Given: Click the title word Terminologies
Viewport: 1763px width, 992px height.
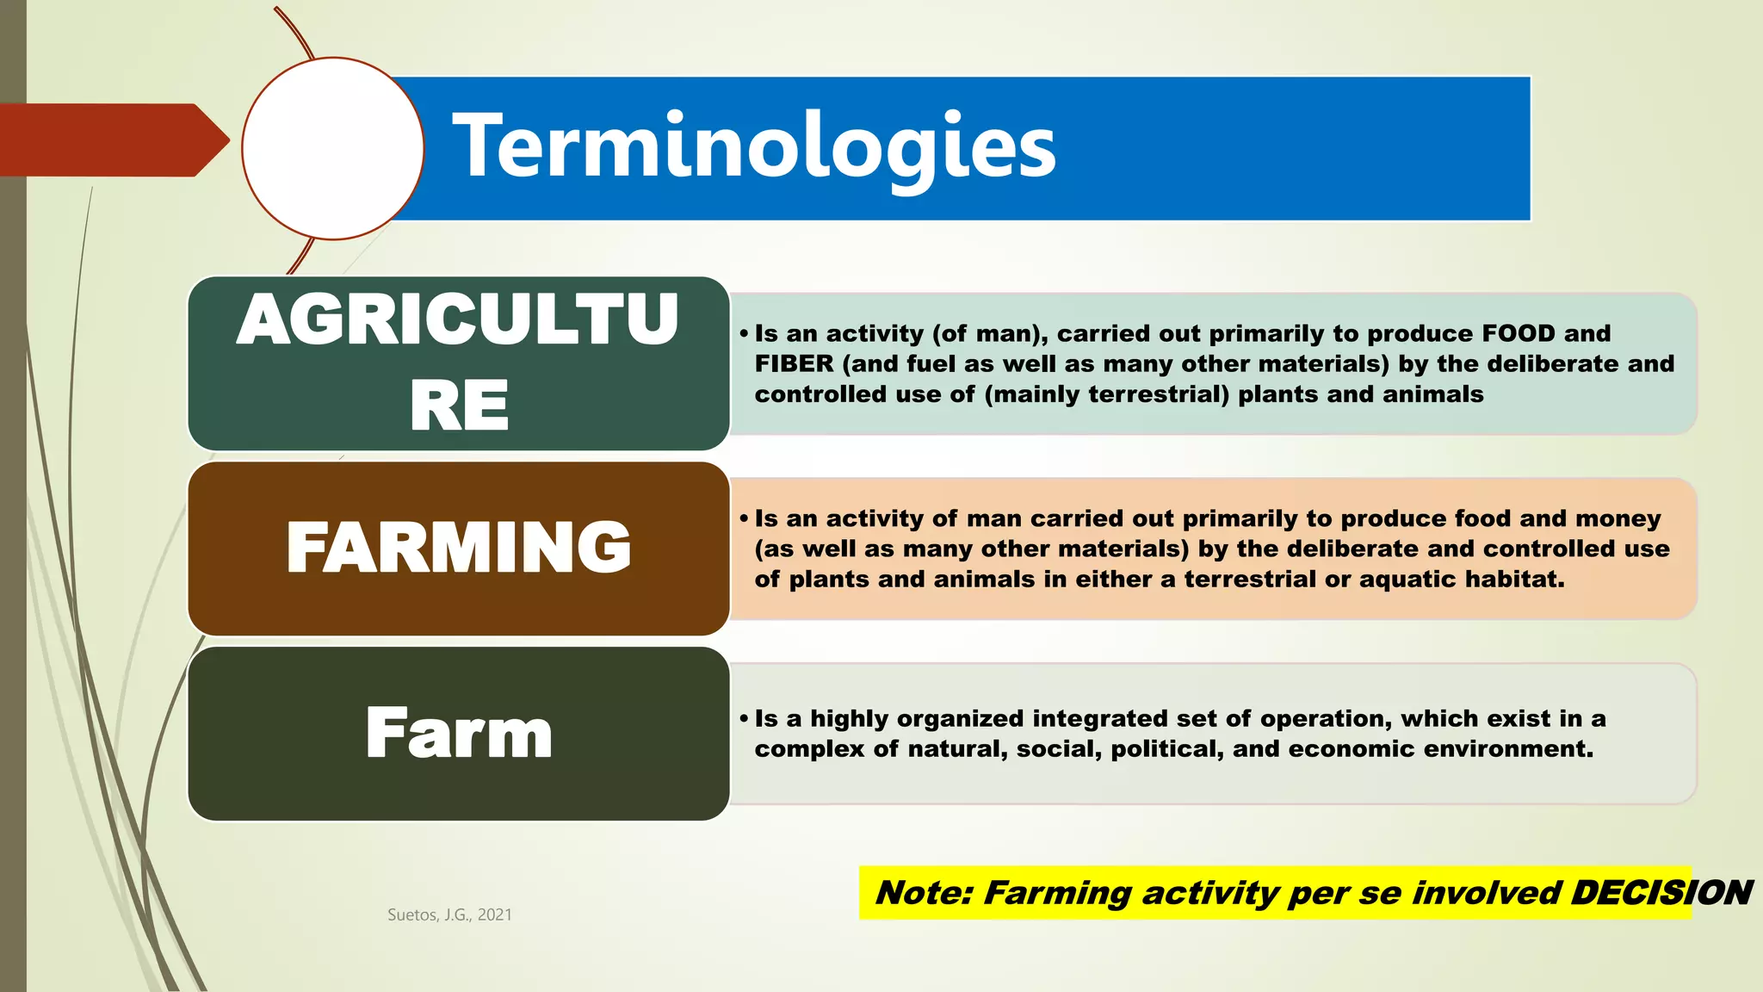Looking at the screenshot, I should click(x=754, y=147).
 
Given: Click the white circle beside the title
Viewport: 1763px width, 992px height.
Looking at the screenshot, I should click(x=333, y=148).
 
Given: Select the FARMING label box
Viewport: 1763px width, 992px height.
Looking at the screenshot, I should click(x=458, y=548).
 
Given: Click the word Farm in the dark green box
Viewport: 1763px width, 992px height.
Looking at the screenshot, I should click(x=458, y=733).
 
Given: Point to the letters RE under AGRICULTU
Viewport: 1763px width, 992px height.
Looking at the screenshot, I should click(x=459, y=406).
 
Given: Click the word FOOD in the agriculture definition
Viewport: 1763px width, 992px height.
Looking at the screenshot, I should click(x=1519, y=333).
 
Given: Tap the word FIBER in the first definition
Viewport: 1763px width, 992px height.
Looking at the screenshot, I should click(x=794, y=363).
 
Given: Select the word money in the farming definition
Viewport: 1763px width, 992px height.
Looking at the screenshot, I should click(x=1618, y=518).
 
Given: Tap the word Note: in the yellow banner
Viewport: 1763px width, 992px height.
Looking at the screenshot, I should click(x=923, y=893).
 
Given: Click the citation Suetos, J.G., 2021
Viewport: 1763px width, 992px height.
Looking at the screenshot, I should click(x=449, y=914).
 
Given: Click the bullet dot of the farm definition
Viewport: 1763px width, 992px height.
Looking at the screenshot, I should click(x=744, y=719).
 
